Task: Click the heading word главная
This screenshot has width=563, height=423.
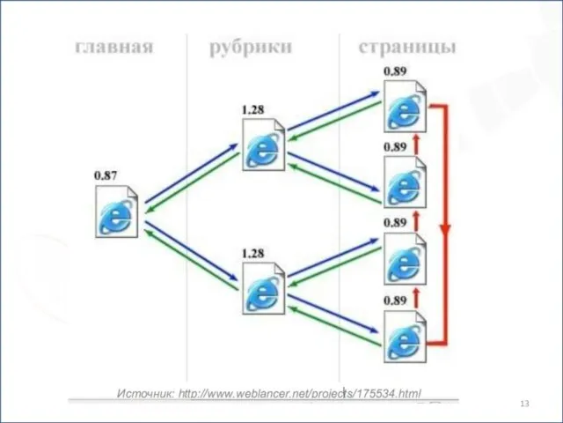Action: click(x=113, y=47)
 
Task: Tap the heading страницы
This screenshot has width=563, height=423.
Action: click(x=407, y=47)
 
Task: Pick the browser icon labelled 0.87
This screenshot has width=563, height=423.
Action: click(x=118, y=211)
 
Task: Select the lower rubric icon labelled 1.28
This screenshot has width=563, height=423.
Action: click(x=264, y=290)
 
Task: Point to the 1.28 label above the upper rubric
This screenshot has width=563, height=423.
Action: click(x=252, y=109)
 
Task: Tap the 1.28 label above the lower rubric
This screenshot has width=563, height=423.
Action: click(x=252, y=254)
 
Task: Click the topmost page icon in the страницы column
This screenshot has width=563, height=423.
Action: click(x=406, y=106)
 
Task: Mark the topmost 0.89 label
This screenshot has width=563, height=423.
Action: click(x=394, y=70)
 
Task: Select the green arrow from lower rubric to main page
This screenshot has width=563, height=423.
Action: click(x=189, y=256)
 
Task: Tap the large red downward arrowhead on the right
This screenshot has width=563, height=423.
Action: click(x=446, y=231)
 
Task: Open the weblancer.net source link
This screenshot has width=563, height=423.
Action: click(x=299, y=393)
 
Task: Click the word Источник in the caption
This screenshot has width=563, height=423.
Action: click(x=145, y=393)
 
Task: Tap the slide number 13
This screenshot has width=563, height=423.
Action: click(x=525, y=403)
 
